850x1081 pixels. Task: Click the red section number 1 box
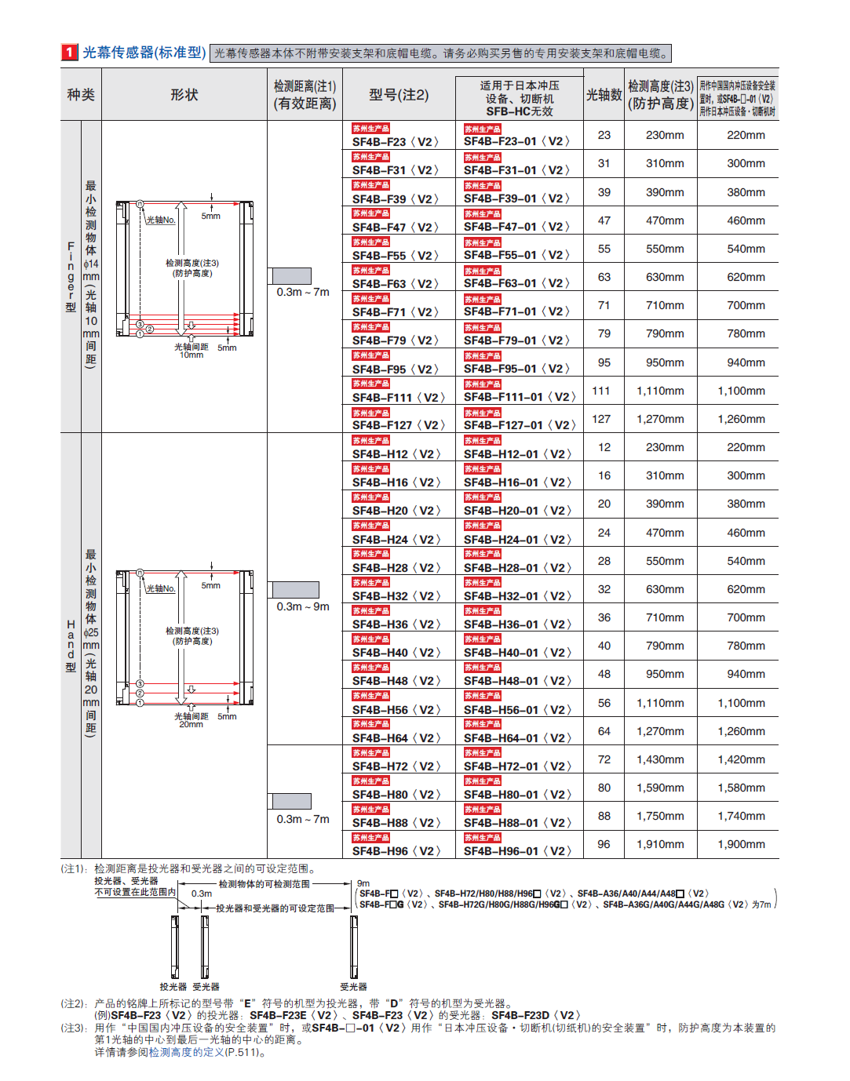pyautogui.click(x=69, y=53)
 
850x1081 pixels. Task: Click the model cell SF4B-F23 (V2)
pyautogui.click(x=395, y=142)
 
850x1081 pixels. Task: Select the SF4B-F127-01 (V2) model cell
pyautogui.click(x=520, y=425)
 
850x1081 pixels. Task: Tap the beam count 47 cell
pyautogui.click(x=604, y=220)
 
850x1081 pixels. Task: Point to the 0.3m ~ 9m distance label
pyautogui.click(x=303, y=606)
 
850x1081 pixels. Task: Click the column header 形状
pyautogui.click(x=184, y=95)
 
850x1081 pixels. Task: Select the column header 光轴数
pyautogui.click(x=604, y=95)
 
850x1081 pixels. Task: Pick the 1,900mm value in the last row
pyautogui.click(x=741, y=844)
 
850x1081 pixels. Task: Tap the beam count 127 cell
pyautogui.click(x=601, y=419)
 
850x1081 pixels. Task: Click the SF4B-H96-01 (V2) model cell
pyautogui.click(x=517, y=851)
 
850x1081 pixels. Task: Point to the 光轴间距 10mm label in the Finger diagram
pyautogui.click(x=192, y=351)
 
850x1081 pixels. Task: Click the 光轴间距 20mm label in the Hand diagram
pyautogui.click(x=192, y=720)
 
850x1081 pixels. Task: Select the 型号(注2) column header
pyautogui.click(x=399, y=95)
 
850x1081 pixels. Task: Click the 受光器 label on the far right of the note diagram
pyautogui.click(x=353, y=987)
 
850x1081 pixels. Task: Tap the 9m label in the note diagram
pyautogui.click(x=363, y=883)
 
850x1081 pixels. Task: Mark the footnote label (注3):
pyautogui.click(x=75, y=1028)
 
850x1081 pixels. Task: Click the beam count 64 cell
pyautogui.click(x=604, y=731)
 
